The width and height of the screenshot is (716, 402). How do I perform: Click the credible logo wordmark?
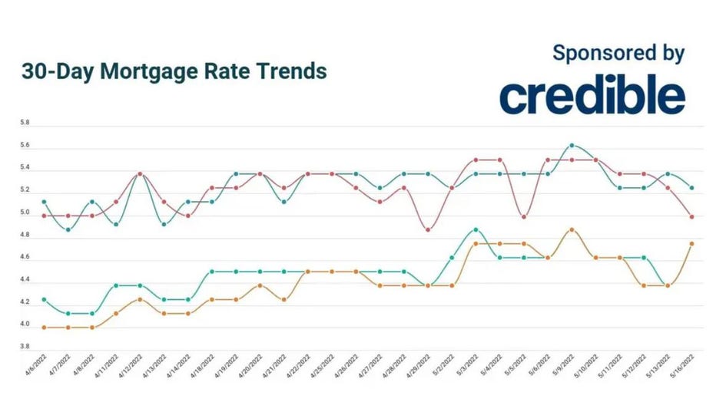592,95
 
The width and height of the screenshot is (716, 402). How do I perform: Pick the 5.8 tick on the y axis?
25,123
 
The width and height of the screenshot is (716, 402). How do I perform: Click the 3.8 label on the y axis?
25,347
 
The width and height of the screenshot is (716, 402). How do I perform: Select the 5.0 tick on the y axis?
25,213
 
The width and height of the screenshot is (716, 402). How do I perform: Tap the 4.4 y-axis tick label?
25,280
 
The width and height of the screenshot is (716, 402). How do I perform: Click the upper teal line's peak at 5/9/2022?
571,145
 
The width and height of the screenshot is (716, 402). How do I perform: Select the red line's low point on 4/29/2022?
428,229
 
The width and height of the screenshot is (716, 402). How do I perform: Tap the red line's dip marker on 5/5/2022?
523,216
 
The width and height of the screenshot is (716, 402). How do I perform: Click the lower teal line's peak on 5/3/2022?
476,229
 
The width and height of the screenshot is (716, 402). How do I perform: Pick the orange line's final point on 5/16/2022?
691,244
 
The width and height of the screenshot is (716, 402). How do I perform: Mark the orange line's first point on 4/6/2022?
45,327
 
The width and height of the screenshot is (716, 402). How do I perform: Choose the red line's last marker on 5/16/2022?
691,216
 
